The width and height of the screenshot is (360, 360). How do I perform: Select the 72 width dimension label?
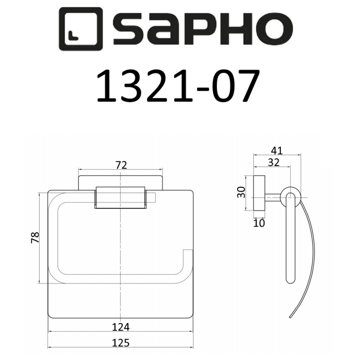click(x=121, y=165)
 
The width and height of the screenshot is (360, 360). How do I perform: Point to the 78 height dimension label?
click(x=35, y=238)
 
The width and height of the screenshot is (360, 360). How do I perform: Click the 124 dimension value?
click(x=121, y=327)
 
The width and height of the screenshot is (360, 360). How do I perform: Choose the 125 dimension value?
click(x=121, y=342)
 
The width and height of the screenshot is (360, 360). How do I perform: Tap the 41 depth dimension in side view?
click(x=277, y=151)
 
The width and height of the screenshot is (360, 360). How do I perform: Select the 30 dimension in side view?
click(x=241, y=192)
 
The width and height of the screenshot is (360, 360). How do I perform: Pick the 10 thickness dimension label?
click(x=259, y=223)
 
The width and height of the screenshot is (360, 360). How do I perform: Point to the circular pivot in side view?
click(x=289, y=196)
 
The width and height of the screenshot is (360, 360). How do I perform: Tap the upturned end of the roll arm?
click(x=187, y=256)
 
